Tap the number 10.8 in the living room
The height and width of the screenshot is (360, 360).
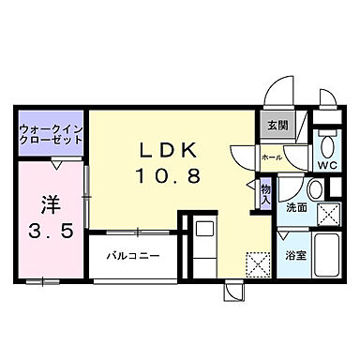[170, 175]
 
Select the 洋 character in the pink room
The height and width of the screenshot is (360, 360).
[47, 205]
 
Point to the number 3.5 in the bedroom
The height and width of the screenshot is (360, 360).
[47, 233]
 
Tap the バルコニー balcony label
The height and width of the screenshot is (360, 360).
[132, 255]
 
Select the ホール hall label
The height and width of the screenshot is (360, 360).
[271, 158]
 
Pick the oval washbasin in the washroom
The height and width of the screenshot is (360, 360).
[315, 190]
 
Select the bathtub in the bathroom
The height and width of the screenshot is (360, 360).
[329, 256]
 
